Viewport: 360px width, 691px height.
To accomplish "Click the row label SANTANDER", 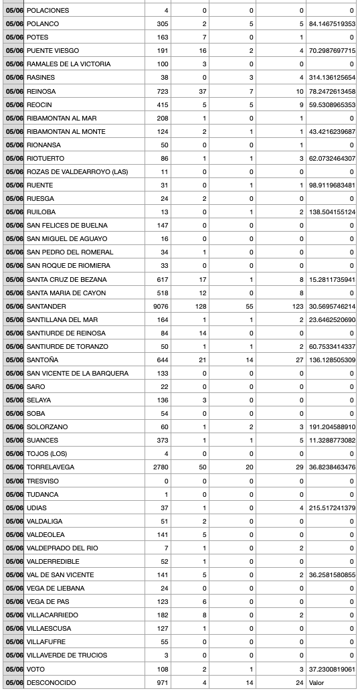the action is (x=48, y=306).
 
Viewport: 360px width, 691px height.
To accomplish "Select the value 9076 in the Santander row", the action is (x=159, y=306).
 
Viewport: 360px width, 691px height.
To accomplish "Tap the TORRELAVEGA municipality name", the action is (x=50, y=467).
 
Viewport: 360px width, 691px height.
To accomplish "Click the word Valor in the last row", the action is (x=316, y=682).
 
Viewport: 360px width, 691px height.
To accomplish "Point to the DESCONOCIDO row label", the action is (x=52, y=682).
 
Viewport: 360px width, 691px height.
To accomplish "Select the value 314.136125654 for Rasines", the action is (x=332, y=78).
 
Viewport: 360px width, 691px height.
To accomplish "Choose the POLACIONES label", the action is (x=48, y=11).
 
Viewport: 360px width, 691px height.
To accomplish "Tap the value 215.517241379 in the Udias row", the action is (x=332, y=508).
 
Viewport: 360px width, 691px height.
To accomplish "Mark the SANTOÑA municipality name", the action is (x=41, y=360).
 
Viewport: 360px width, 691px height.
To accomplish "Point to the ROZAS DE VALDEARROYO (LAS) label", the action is (x=77, y=171).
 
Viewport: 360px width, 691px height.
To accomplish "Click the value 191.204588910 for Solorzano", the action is (x=332, y=427).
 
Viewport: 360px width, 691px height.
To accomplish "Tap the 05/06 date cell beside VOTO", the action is (x=14, y=669).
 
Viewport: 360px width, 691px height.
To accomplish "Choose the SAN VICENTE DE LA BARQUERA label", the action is (x=78, y=374).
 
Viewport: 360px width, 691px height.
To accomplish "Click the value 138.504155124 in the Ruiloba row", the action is (x=332, y=212).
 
